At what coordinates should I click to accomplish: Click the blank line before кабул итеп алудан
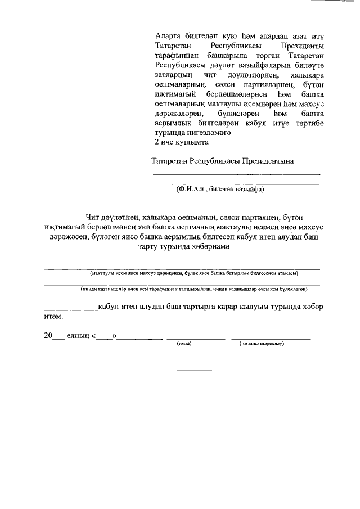(71, 309)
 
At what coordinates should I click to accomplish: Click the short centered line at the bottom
(195, 371)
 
